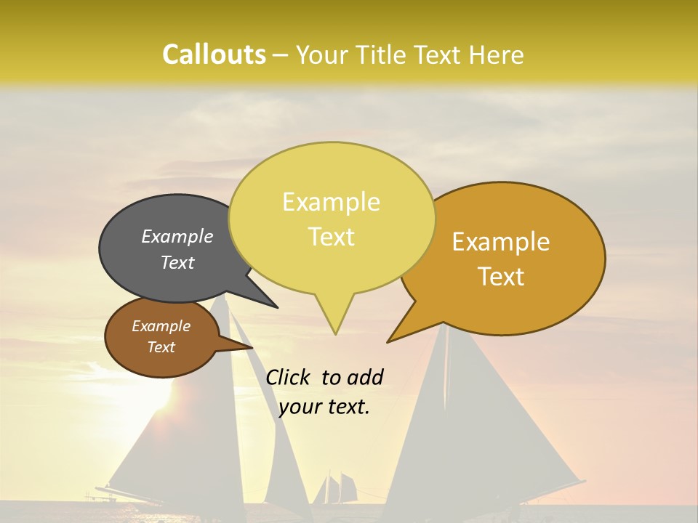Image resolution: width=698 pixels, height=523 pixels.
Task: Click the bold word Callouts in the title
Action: (214, 54)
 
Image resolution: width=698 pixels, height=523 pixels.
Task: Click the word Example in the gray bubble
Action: (177, 236)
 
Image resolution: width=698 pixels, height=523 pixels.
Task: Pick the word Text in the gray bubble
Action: (177, 262)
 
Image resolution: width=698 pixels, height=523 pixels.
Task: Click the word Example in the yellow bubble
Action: (331, 202)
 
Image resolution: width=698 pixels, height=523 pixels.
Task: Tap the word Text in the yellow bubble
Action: (331, 237)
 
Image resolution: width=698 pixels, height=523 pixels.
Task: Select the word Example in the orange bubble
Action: (501, 242)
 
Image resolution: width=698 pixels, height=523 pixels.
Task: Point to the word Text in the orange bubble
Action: (501, 277)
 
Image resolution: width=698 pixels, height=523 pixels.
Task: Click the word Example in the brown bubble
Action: (161, 326)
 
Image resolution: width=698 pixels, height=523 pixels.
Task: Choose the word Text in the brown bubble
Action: (161, 347)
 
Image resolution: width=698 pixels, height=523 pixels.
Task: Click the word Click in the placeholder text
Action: (289, 377)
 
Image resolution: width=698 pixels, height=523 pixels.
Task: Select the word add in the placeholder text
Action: (365, 377)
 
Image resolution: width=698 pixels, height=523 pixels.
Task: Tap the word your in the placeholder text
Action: (300, 407)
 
